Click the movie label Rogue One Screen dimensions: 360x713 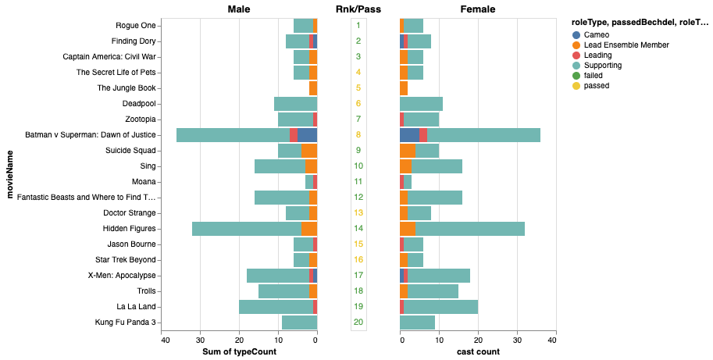[136, 26]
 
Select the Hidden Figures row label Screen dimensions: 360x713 [130, 229]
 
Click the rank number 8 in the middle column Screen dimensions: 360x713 [358, 135]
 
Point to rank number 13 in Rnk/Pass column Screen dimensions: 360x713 [358, 213]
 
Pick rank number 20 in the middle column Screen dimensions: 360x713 [358, 323]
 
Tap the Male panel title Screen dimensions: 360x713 [239, 9]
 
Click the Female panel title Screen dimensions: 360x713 [477, 9]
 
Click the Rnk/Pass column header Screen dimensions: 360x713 [358, 9]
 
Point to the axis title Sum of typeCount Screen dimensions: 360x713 [239, 352]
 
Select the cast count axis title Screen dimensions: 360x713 [477, 352]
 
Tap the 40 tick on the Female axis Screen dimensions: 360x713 [552, 340]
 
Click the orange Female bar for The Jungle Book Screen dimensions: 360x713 [404, 88]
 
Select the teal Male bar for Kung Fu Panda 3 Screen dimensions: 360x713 [299, 323]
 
